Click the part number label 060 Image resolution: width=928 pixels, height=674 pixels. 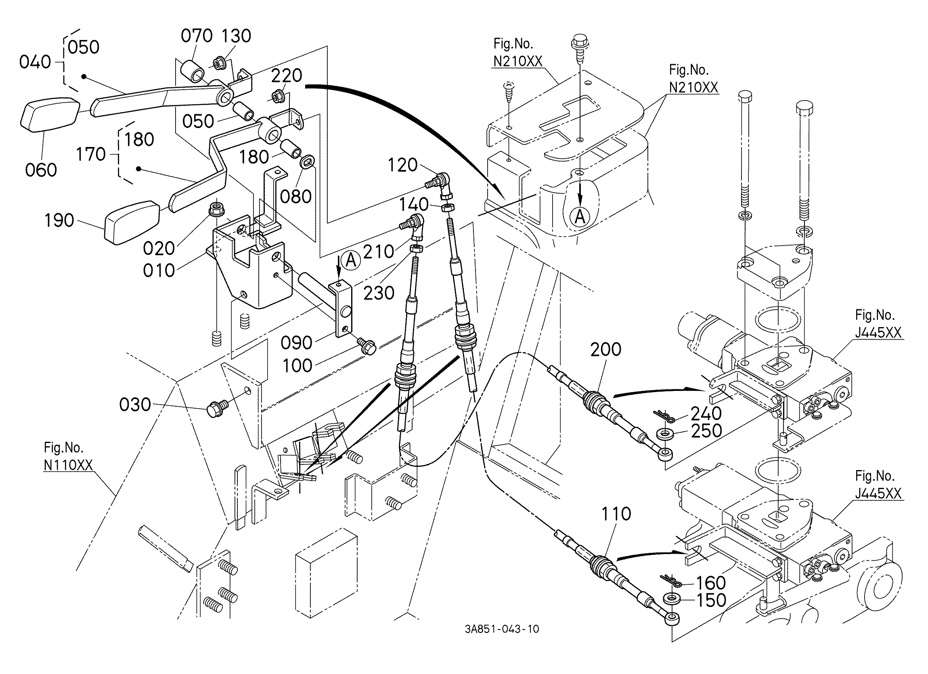[x=41, y=170]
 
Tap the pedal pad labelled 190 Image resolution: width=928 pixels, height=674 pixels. [x=132, y=222]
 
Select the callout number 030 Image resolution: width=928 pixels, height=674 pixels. [x=135, y=405]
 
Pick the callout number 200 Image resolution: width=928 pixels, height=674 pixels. [x=605, y=349]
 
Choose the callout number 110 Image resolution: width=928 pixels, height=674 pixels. [x=616, y=514]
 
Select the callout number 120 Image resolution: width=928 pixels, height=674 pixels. [x=402, y=165]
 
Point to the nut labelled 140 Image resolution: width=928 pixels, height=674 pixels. [x=447, y=207]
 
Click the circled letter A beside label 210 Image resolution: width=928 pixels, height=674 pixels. [x=351, y=260]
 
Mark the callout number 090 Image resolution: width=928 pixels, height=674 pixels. [x=297, y=343]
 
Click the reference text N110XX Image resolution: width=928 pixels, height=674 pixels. [x=68, y=466]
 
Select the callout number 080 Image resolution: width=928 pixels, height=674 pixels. [x=296, y=197]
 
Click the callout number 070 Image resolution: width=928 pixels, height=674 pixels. [x=197, y=36]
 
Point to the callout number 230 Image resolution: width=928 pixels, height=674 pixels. [x=379, y=293]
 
